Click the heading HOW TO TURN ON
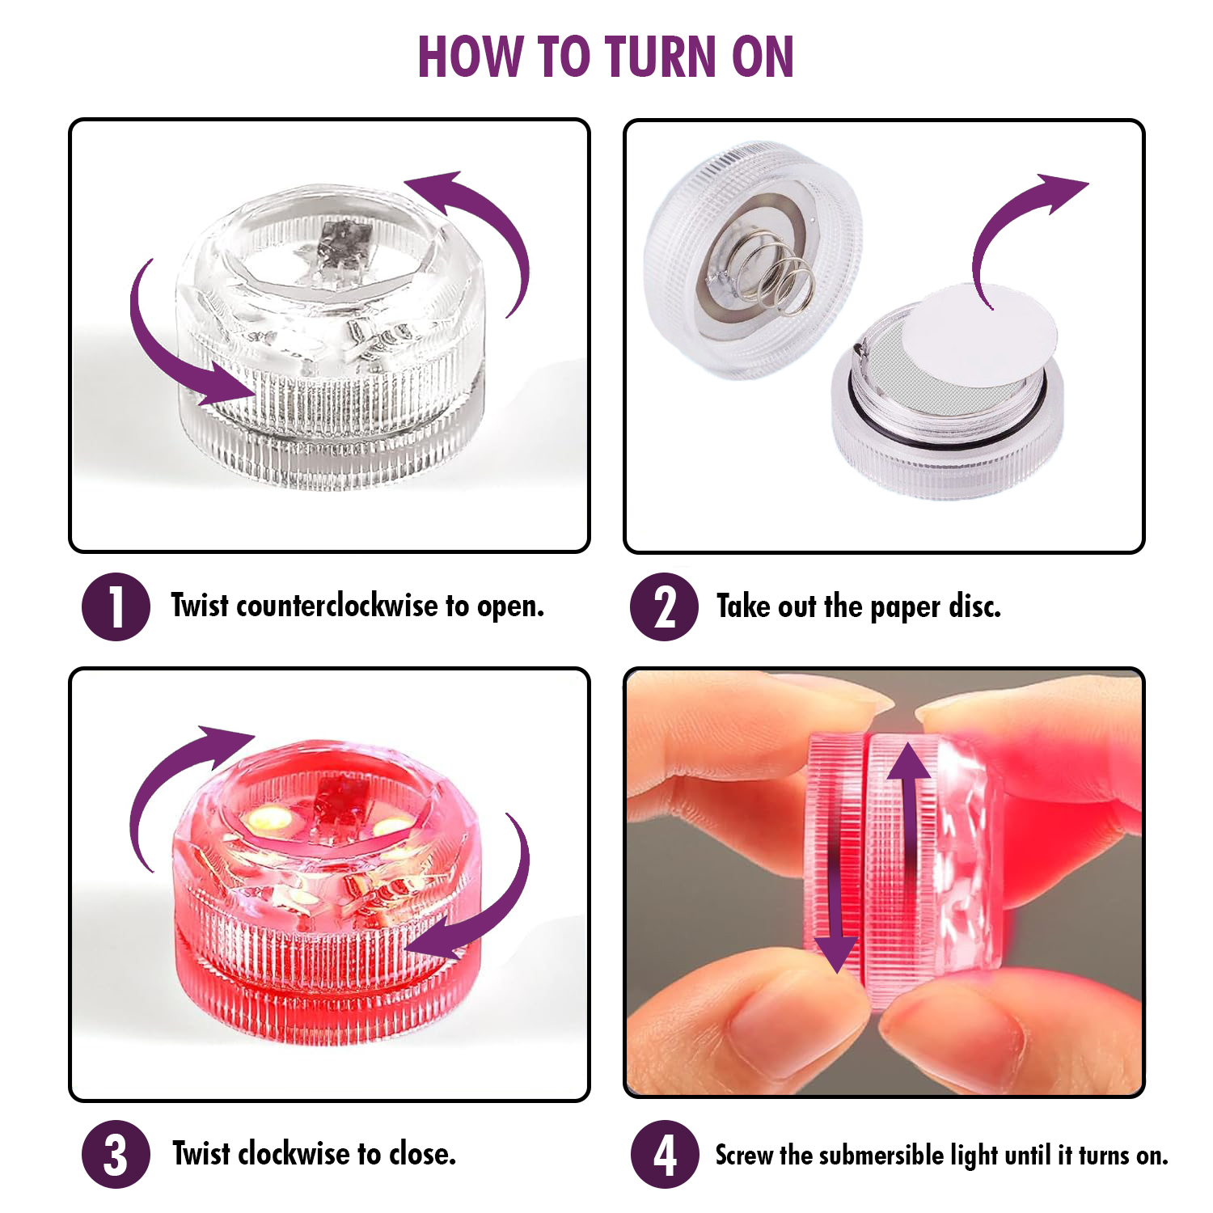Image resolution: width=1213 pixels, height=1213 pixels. (606, 57)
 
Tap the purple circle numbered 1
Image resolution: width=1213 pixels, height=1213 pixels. (116, 606)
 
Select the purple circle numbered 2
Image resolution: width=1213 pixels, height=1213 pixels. (664, 606)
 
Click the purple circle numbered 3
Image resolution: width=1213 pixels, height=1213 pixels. (116, 1154)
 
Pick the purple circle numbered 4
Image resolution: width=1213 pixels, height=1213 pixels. (665, 1154)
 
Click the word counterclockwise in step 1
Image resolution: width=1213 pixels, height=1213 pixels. (336, 606)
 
